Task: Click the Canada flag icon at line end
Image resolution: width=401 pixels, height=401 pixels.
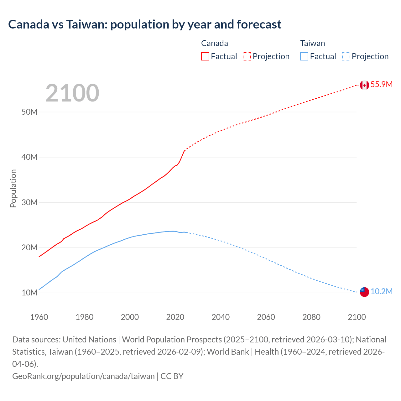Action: coord(364,85)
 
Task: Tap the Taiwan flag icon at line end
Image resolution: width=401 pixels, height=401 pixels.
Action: coord(364,292)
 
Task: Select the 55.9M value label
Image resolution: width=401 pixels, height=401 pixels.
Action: coord(381,84)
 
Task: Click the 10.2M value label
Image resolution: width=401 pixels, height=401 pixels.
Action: coord(381,292)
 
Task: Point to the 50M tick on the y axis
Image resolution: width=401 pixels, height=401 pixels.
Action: coord(29,112)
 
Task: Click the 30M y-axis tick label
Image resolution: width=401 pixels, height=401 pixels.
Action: coord(29,202)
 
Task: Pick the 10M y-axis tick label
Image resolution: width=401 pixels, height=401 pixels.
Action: coord(29,293)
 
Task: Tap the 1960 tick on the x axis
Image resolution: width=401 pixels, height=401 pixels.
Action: coord(39,317)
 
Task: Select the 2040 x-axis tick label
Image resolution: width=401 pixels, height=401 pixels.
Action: coord(221,317)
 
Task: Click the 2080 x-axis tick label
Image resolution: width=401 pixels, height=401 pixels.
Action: coord(311,317)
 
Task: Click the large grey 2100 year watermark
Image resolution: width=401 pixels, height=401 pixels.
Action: coord(72,93)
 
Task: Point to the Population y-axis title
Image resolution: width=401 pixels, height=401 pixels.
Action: coord(13,188)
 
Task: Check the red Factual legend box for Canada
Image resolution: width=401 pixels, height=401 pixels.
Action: coord(205,56)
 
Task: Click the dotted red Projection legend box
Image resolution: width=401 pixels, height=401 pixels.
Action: coord(247,56)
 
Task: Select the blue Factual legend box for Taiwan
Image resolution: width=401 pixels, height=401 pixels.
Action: coord(304,56)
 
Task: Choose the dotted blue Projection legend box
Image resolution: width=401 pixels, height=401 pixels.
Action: coord(346,56)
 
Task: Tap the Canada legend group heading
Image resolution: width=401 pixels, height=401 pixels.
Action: coord(214,43)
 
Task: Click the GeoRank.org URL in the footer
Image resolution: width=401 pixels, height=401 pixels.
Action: coord(83,376)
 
